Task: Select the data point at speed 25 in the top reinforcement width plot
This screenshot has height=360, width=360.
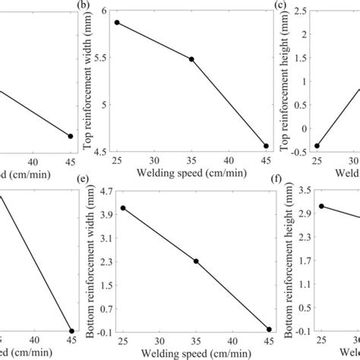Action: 117,23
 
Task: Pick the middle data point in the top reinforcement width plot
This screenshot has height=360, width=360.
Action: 191,59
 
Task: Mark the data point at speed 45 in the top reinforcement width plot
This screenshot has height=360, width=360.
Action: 266,146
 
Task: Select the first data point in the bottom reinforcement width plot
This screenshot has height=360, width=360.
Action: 122,208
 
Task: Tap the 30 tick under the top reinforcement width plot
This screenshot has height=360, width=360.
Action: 154,162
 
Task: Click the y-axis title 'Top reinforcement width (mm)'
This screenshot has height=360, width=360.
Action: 88,81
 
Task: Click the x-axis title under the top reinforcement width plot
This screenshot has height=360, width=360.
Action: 191,174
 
